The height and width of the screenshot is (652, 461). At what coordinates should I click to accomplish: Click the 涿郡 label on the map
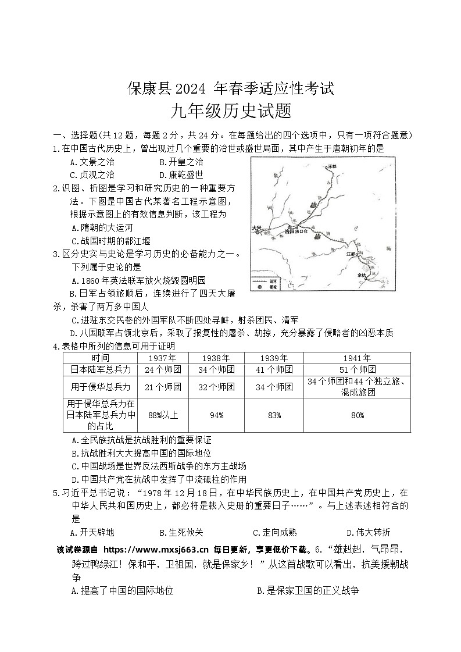[x=332, y=166]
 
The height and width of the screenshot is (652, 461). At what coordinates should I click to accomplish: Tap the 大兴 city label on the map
[x=258, y=227]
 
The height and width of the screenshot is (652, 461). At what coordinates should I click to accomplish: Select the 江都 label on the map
[x=351, y=254]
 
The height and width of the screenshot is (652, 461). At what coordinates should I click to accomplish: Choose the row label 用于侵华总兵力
[x=101, y=387]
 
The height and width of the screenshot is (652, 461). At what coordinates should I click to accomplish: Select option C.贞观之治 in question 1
[x=92, y=174]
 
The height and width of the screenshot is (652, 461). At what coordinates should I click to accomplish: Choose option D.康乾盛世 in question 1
[x=181, y=174]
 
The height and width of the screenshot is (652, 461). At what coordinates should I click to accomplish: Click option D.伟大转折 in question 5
[x=369, y=532]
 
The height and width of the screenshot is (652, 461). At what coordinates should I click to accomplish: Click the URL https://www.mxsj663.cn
[x=155, y=549]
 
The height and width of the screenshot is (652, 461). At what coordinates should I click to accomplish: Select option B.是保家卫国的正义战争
[x=308, y=590]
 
